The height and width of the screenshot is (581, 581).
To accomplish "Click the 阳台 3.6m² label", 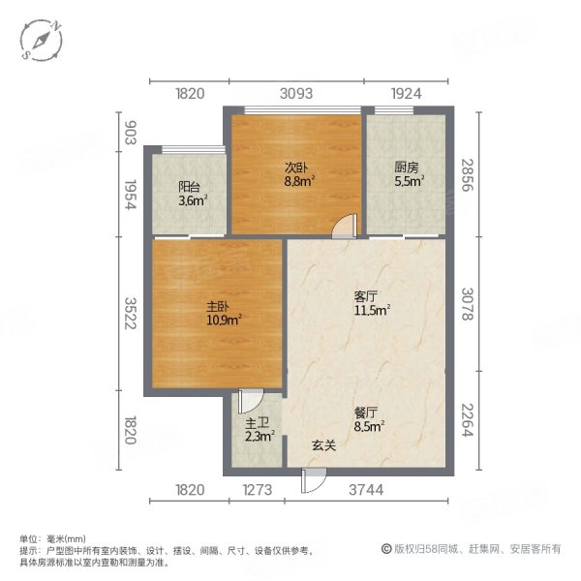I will click(191, 194).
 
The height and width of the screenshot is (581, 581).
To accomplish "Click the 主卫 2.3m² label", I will click(259, 430).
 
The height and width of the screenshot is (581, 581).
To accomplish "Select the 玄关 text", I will click(324, 445).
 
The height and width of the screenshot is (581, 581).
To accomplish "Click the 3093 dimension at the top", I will click(296, 94).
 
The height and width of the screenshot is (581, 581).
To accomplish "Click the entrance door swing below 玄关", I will click(313, 476).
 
